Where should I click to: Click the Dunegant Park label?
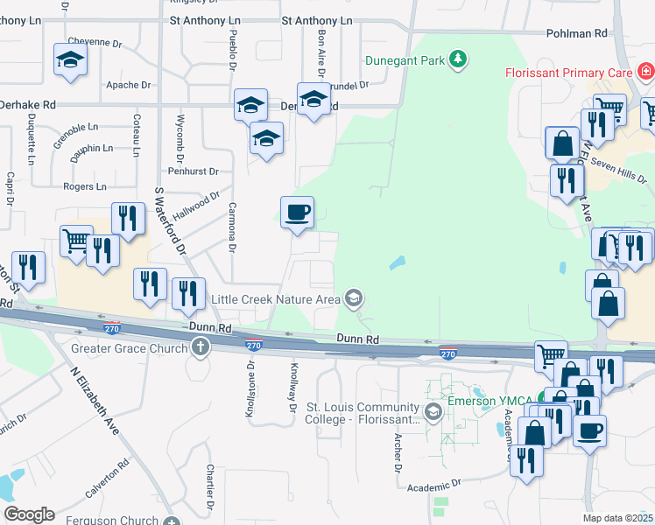(404, 60)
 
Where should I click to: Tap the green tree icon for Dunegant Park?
(456, 59)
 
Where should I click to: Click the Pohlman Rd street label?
(576, 33)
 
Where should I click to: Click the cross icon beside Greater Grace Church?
(201, 348)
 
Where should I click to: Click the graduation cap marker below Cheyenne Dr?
(69, 59)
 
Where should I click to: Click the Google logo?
(29, 514)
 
